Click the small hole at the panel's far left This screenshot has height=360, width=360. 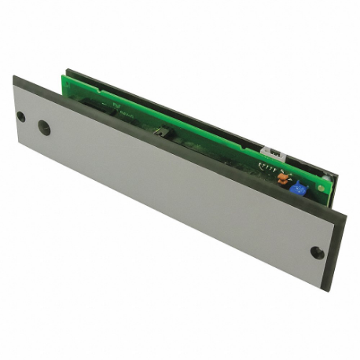coord(21,116)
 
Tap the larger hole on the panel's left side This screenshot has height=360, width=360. coord(45,129)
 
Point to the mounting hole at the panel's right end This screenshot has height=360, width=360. coord(317,252)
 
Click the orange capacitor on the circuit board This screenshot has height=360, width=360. coord(282,178)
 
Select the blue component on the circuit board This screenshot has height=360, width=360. coord(297,188)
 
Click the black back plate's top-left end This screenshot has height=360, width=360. coord(69,72)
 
